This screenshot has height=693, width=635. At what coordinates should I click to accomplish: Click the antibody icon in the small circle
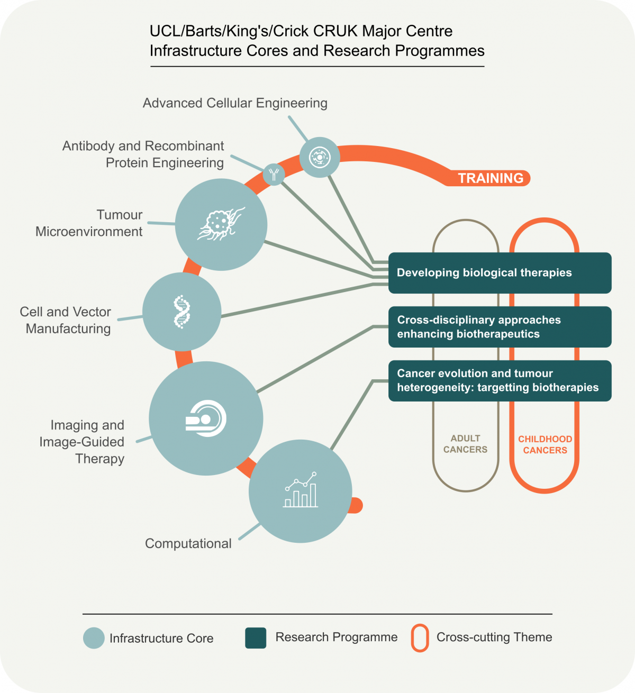(x=274, y=174)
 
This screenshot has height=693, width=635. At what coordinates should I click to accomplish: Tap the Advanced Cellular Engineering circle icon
(x=320, y=157)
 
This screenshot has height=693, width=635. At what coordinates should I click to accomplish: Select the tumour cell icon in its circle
(x=221, y=224)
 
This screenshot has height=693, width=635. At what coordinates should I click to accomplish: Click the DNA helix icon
(x=182, y=312)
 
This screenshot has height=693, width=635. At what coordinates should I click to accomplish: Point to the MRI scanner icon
(x=206, y=418)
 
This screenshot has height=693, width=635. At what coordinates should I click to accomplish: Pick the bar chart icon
(x=301, y=491)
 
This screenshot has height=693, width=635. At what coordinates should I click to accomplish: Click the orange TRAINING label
(x=491, y=178)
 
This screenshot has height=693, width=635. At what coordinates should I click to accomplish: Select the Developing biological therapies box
(x=500, y=273)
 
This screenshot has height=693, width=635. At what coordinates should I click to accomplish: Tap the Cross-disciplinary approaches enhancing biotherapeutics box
(x=500, y=327)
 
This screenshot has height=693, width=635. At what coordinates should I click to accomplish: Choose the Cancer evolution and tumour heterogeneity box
(x=500, y=380)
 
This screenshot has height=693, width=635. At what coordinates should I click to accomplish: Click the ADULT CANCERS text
(x=465, y=444)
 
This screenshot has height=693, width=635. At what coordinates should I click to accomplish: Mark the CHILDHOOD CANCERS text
(x=545, y=445)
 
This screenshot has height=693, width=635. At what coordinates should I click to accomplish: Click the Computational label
(x=188, y=544)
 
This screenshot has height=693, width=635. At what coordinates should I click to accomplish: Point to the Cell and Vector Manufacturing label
(x=66, y=320)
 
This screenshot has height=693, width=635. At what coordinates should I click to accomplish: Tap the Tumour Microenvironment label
(x=89, y=223)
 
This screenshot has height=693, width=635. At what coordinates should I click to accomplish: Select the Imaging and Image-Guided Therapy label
(x=82, y=442)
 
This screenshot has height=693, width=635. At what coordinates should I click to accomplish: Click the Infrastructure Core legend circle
(x=94, y=638)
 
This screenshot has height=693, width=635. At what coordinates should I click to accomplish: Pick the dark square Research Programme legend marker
(x=256, y=638)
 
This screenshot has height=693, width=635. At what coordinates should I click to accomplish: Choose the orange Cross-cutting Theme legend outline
(x=420, y=638)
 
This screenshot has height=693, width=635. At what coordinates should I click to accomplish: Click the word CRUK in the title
(x=335, y=31)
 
